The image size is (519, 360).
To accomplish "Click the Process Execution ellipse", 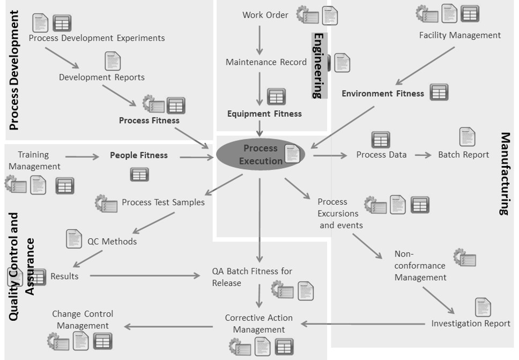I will (261, 154).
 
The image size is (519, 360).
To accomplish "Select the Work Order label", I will (265, 15).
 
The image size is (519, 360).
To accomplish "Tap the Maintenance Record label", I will (266, 62).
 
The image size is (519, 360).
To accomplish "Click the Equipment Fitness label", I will (264, 114).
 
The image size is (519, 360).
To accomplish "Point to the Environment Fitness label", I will (383, 93).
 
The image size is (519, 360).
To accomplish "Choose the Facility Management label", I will (459, 35).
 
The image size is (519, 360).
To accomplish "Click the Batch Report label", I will (463, 154).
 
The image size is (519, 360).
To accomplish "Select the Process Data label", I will (381, 154).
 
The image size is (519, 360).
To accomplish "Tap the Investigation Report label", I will (471, 323).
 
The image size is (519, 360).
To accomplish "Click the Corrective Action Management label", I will (258, 324).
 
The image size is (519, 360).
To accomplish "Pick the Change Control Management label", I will (83, 320).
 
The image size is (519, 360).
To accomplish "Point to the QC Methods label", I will (112, 241).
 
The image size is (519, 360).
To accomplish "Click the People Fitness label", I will (138, 155).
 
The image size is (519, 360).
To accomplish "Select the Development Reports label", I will (101, 77).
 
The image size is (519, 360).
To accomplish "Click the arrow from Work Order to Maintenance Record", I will (259, 39).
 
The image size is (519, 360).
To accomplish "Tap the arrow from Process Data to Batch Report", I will (422, 155).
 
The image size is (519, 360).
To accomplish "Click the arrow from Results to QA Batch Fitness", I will (145, 276).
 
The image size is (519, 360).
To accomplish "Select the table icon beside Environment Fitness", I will (439, 92).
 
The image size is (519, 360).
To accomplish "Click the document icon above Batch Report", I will (467, 137).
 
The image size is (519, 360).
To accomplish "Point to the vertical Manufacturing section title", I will (505, 174).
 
